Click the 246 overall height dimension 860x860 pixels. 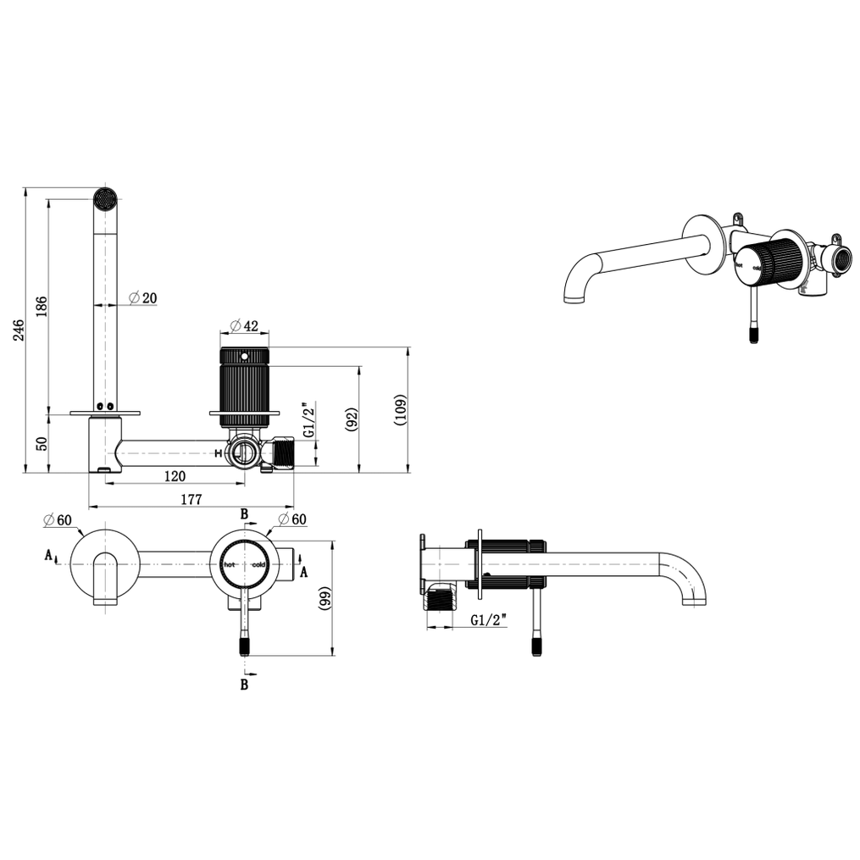click(19, 330)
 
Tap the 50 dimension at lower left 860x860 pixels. click(42, 443)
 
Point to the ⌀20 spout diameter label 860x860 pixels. click(143, 297)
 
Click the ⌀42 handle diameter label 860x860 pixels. click(244, 326)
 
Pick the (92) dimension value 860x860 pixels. click(352, 419)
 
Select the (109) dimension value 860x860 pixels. click(401, 410)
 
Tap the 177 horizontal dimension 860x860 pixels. click(191, 499)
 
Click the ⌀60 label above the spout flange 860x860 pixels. click(55, 519)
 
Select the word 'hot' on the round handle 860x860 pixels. click(230, 564)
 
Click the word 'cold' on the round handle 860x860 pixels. click(258, 564)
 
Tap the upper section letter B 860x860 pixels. click(244, 514)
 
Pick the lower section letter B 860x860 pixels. click(244, 685)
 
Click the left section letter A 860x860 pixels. click(48, 556)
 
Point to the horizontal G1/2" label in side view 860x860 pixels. click(488, 621)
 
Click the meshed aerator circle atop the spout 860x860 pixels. click(104, 198)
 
